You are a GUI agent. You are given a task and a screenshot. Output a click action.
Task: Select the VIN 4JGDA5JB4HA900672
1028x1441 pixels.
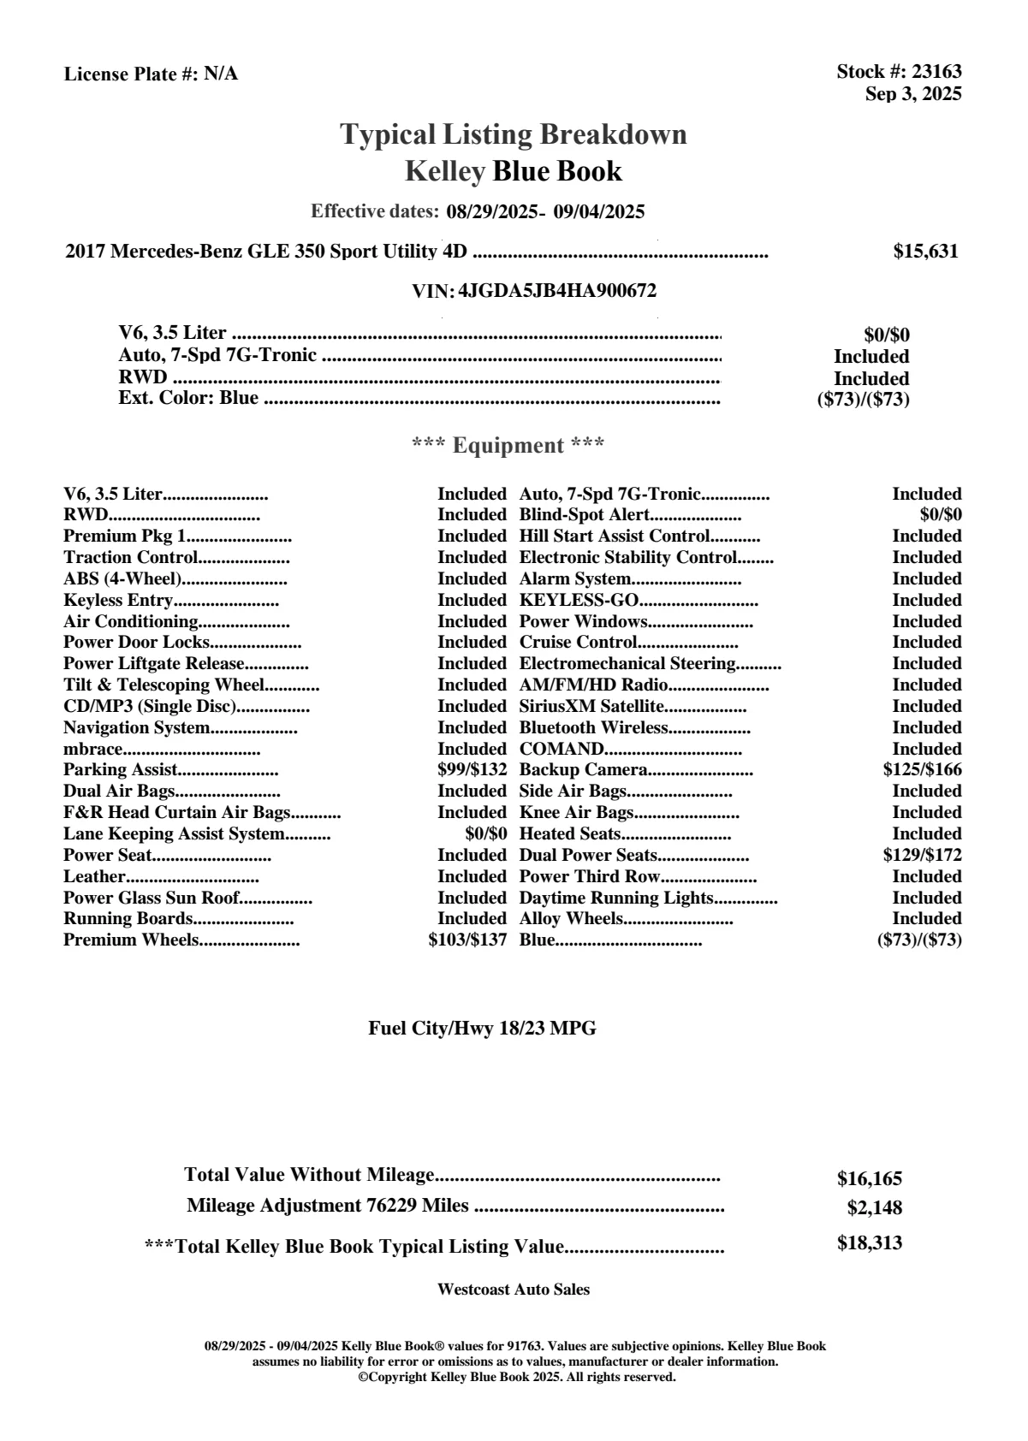(557, 291)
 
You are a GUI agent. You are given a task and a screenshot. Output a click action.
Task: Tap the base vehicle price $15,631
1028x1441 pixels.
(925, 252)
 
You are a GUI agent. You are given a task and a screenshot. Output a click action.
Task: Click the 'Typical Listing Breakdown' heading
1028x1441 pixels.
(514, 134)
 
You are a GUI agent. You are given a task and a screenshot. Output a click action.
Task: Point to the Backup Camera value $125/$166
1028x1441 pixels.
(922, 770)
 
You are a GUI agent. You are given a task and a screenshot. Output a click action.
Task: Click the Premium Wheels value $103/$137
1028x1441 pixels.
(467, 940)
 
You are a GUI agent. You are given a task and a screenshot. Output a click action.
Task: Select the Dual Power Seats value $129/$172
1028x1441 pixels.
(922, 855)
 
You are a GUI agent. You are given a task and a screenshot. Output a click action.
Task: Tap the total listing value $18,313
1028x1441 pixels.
(869, 1243)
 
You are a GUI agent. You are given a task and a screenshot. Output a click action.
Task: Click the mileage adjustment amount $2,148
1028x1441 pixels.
(874, 1208)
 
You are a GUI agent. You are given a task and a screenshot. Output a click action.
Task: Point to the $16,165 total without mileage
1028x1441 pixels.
(869, 1179)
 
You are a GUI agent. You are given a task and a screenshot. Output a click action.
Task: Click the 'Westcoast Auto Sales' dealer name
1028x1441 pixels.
(514, 1290)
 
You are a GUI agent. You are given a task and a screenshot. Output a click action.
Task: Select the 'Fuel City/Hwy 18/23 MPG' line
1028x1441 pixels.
(482, 1029)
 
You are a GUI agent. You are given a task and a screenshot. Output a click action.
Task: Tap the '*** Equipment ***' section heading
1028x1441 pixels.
(508, 446)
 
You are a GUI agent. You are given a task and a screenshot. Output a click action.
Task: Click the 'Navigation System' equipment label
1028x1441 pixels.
(137, 728)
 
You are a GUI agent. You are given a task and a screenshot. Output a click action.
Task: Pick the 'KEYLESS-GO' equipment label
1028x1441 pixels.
(579, 601)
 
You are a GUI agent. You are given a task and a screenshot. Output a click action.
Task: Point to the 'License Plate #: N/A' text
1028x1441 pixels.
(151, 74)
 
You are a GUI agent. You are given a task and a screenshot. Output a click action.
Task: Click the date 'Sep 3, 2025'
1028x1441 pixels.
(912, 94)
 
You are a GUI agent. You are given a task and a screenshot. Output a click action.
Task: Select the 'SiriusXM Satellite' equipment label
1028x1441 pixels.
(591, 707)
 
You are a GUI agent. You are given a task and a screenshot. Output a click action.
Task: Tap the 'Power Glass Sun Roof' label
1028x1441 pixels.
(152, 898)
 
